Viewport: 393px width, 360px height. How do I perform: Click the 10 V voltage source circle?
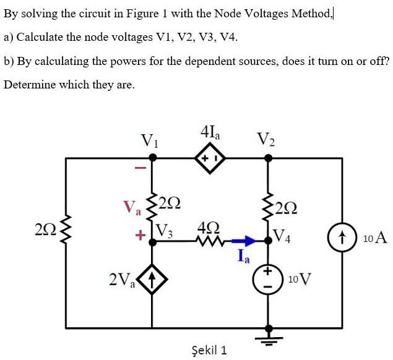[269, 280]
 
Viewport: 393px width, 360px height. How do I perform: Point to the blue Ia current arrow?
[246, 241]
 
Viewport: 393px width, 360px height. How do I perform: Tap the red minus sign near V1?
[140, 168]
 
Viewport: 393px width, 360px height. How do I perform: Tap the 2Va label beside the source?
[121, 280]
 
